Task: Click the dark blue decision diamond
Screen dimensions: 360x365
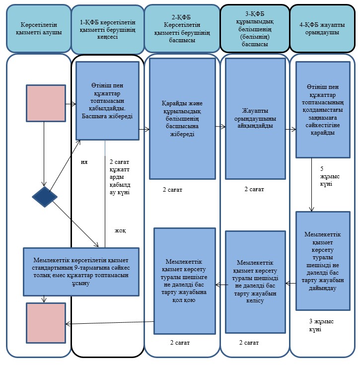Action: coord(45,197)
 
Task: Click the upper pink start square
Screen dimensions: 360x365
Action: coord(46,103)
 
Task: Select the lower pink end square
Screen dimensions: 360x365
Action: coord(46,323)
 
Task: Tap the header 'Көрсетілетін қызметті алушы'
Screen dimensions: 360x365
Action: coord(39,28)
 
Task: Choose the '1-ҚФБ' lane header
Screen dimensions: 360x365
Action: coord(108,30)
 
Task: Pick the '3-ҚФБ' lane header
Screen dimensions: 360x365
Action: coord(255,29)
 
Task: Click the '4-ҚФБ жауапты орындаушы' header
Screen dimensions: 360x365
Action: coord(322,28)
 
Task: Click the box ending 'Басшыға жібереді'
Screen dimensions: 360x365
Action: coord(107,101)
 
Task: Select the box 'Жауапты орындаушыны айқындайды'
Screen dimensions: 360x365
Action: coord(255,119)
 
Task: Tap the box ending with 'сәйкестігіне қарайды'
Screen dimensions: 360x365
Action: coord(323,110)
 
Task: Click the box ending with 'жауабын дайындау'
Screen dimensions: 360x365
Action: coord(323,261)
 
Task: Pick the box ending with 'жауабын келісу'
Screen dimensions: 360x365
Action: coord(255,282)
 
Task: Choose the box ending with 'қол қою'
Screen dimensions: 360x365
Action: coord(185,281)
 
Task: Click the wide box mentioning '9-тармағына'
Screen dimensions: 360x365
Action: coord(81,272)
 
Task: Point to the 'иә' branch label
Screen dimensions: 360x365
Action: coord(84,162)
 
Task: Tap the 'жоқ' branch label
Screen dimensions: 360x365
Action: coord(120,231)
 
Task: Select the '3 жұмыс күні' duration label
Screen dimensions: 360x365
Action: coord(321,325)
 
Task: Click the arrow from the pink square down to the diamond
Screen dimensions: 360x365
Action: coord(44,154)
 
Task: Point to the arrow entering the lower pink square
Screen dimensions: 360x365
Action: coord(110,323)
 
